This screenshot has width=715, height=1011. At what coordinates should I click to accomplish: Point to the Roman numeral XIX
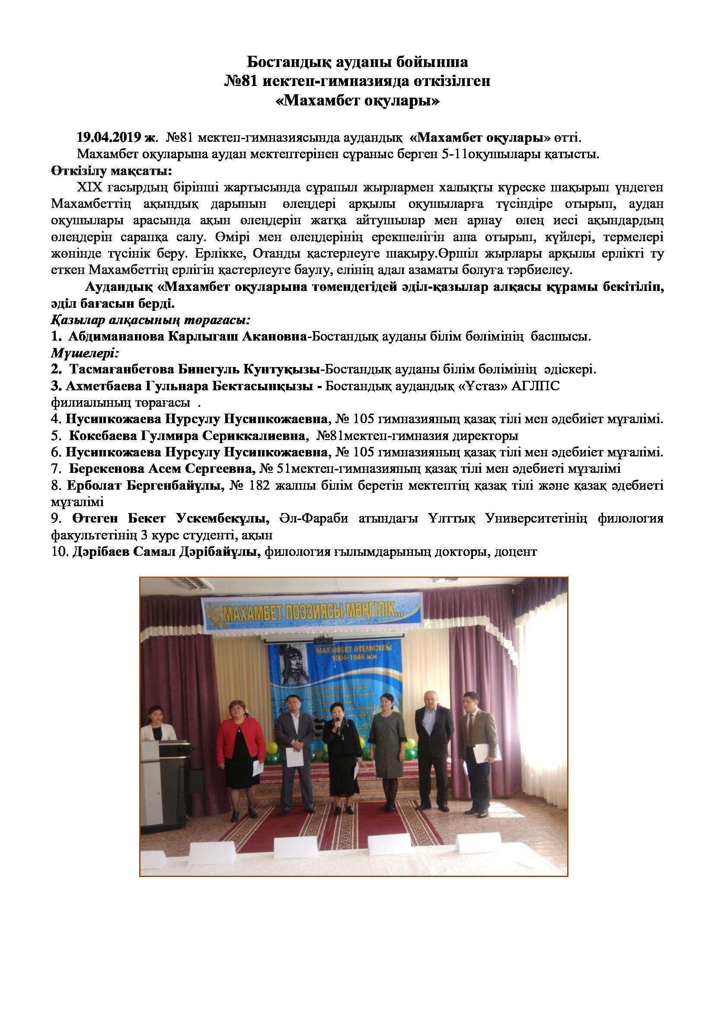(x=90, y=188)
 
